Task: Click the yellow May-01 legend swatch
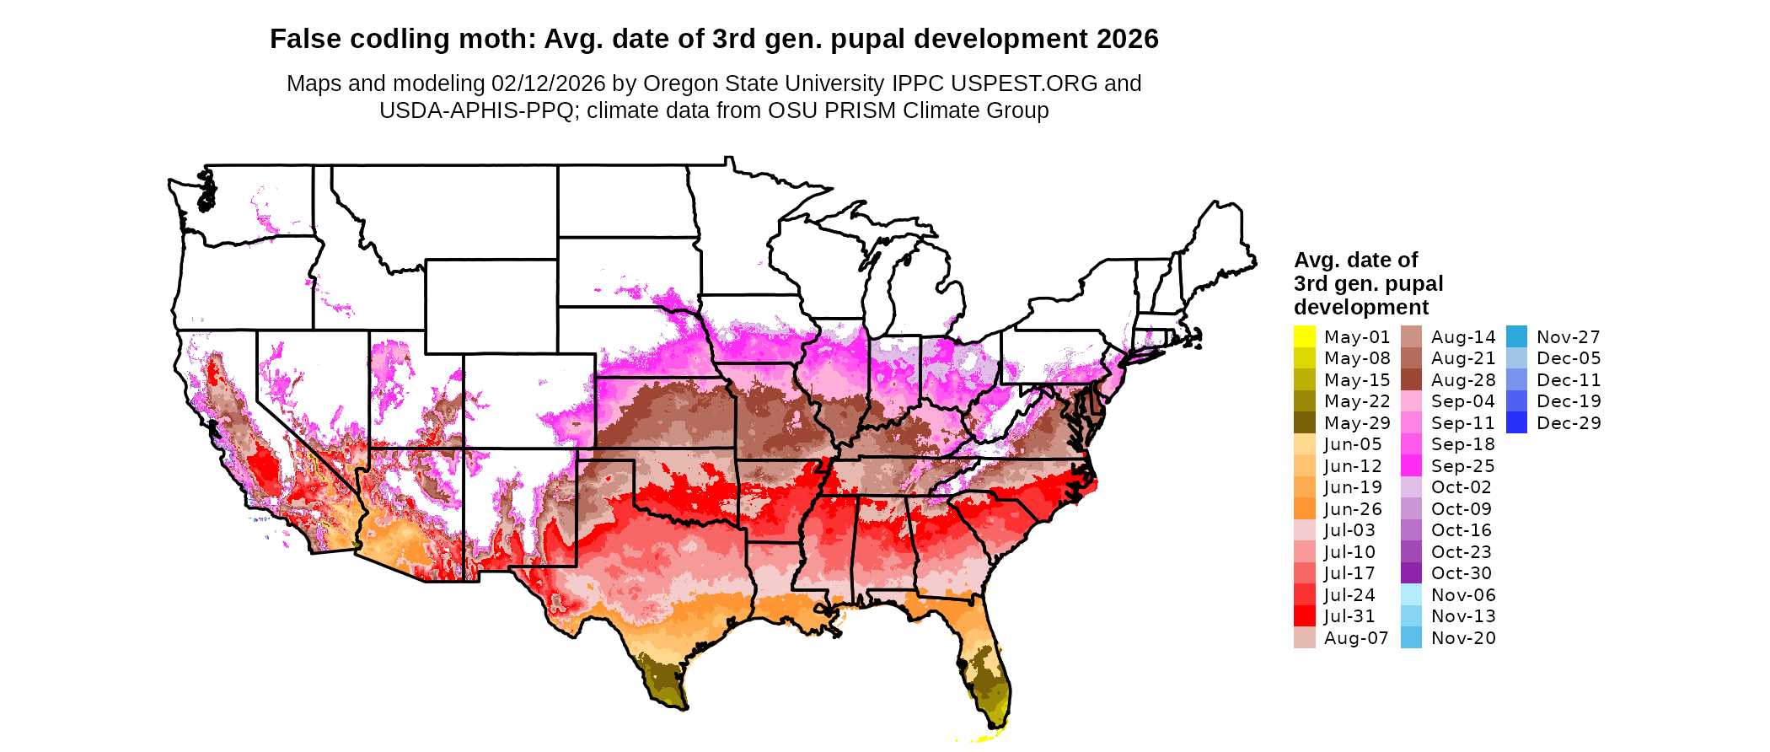(1304, 336)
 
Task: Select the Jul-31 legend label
(1349, 616)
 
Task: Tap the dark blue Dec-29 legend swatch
(1516, 422)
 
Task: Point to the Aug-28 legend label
(1463, 380)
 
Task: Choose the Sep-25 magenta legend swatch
(1411, 466)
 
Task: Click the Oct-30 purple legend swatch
(1411, 573)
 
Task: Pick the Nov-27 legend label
(1568, 337)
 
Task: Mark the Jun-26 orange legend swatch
(1304, 509)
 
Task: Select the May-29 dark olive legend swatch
(1304, 422)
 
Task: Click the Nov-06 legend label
(1463, 595)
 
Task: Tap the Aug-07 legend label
(1355, 638)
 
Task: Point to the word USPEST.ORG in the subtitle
(1024, 83)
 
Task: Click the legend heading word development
(1361, 307)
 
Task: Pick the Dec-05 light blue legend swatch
(1516, 358)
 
